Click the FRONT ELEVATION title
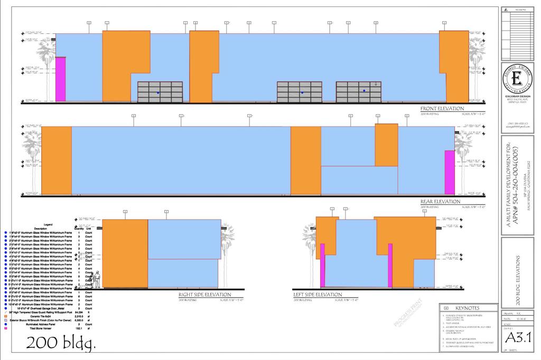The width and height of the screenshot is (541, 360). point(442,109)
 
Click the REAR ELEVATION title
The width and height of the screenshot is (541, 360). point(440,202)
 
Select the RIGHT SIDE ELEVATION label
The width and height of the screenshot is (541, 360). point(204,295)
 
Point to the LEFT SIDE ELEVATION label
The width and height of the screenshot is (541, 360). point(318,295)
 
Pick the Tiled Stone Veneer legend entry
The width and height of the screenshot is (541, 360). point(53,328)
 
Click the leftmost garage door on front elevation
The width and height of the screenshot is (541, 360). point(160,92)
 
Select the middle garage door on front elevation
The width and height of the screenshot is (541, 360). point(300,92)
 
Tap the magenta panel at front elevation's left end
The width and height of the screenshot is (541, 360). point(61,79)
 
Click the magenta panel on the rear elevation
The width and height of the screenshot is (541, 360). point(449,172)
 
